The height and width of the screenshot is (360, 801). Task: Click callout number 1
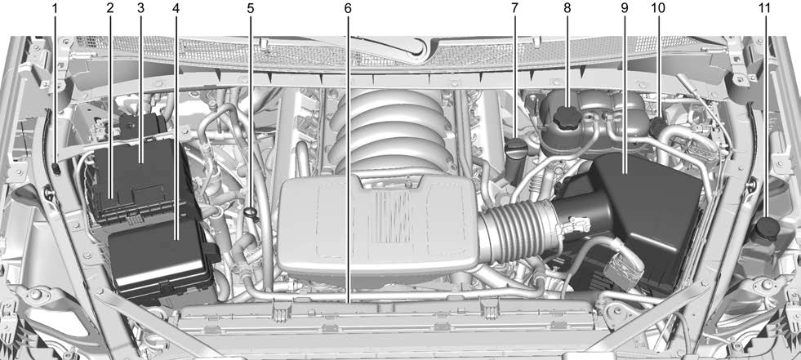[56, 8]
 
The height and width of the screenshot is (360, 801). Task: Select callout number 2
[109, 8]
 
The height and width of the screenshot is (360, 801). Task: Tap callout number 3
[142, 8]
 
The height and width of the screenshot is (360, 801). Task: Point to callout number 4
[176, 8]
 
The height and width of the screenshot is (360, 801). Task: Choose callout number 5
[251, 8]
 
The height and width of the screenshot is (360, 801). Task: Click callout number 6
[348, 8]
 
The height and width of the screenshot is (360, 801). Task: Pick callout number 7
[514, 8]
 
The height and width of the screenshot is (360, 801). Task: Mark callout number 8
[567, 8]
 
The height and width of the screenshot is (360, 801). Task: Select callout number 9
[624, 8]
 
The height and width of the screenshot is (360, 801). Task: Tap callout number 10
[657, 8]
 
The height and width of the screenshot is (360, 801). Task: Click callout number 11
[765, 8]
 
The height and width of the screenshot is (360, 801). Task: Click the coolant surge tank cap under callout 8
[567, 117]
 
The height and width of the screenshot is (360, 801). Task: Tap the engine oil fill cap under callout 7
[514, 147]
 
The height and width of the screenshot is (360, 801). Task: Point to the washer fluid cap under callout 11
[765, 229]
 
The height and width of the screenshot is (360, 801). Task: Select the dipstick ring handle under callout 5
[251, 213]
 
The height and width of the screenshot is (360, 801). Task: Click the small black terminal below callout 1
[56, 169]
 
